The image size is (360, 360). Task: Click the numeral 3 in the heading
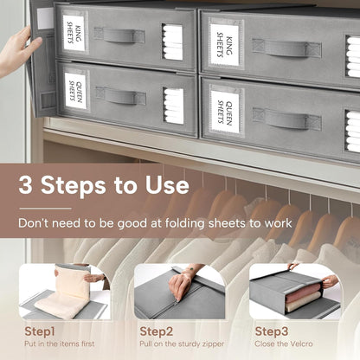[x=25, y=185]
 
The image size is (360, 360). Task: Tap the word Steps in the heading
[x=74, y=185]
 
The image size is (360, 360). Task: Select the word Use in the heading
[x=167, y=184]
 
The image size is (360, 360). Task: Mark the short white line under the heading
[x=45, y=209]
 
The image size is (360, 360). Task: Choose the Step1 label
[x=40, y=331]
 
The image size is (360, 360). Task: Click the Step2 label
[x=157, y=331]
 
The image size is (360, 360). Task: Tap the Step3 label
[x=272, y=331]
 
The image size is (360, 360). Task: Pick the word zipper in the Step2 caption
[x=213, y=344]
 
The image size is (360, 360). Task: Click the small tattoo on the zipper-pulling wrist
[x=191, y=270]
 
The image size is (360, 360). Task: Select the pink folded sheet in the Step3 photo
[x=302, y=293]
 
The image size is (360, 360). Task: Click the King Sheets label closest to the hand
[x=74, y=33]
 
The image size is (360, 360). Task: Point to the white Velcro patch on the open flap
[x=45, y=18]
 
